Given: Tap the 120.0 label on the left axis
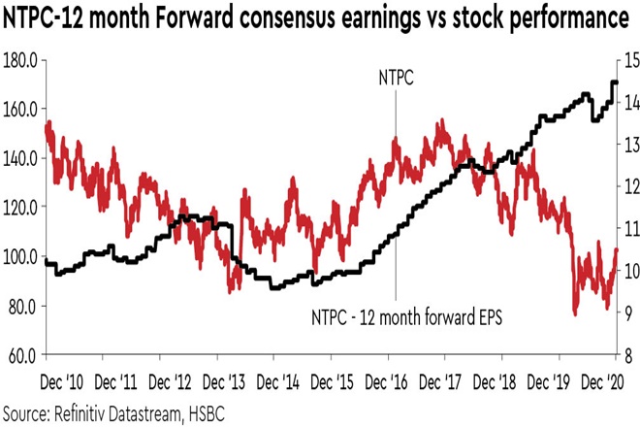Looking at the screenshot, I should [20, 208].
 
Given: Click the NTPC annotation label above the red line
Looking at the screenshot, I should [395, 82].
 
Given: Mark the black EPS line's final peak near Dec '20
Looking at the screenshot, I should [613, 82].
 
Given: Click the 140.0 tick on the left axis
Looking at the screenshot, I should [20, 158].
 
